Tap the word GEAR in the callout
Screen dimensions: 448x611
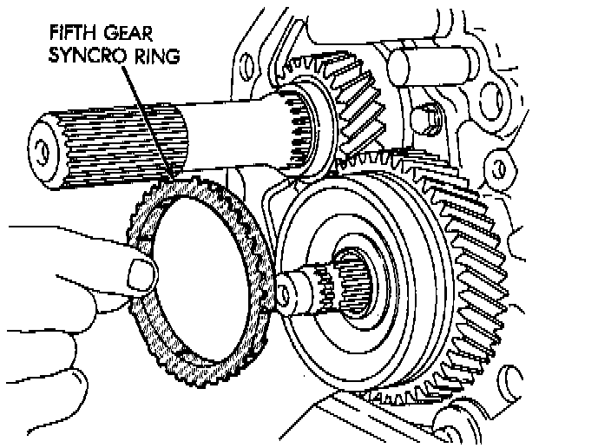coord(128,33)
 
